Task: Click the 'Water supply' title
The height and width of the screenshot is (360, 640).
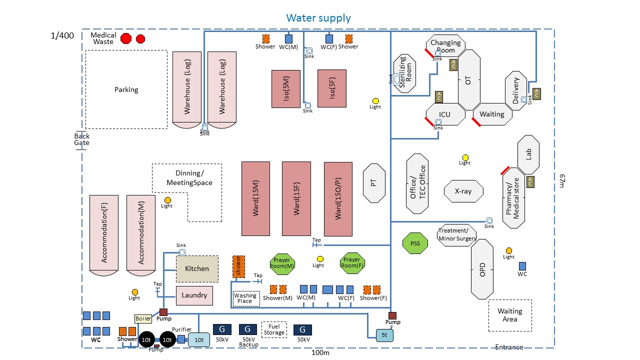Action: click(x=318, y=18)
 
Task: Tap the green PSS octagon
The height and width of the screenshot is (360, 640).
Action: click(x=415, y=243)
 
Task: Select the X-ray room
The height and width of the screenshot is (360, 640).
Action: click(x=464, y=191)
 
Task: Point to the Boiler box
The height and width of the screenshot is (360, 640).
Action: click(x=142, y=318)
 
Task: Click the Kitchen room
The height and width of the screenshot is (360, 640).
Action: click(x=197, y=269)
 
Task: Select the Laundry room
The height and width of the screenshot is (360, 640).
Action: click(x=194, y=295)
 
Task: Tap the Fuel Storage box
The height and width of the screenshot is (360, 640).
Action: click(x=274, y=329)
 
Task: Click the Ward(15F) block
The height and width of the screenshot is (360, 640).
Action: click(x=296, y=198)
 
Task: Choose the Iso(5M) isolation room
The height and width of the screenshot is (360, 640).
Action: click(x=286, y=89)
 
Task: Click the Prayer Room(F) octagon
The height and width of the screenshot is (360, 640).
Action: click(x=351, y=263)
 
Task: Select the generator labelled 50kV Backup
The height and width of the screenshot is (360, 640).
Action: click(x=247, y=329)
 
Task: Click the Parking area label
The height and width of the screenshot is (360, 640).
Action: click(x=126, y=89)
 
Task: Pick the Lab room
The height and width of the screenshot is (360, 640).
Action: click(x=528, y=154)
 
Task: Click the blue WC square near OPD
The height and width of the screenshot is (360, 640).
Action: click(x=522, y=266)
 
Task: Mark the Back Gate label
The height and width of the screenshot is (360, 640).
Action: click(x=82, y=139)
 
